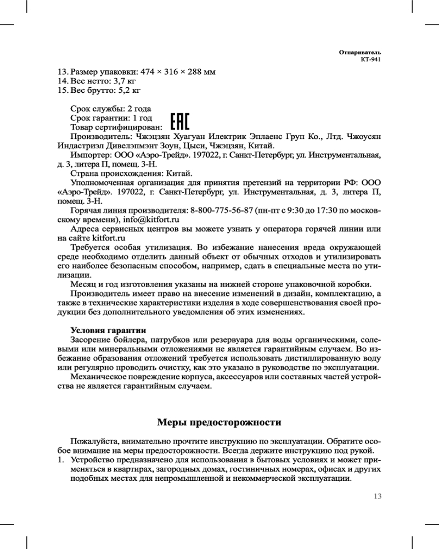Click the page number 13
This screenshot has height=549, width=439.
point(376,496)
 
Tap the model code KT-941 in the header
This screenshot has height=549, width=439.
point(370,60)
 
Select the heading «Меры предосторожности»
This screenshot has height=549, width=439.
point(219,422)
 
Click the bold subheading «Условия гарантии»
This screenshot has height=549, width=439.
point(108,330)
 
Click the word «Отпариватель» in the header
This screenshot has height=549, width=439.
point(359,52)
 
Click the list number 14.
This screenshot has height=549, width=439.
point(63,81)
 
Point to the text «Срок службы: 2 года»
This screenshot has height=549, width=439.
point(111,108)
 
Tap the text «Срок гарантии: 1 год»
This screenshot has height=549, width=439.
point(111,117)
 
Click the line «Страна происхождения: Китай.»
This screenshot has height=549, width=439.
point(131,173)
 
